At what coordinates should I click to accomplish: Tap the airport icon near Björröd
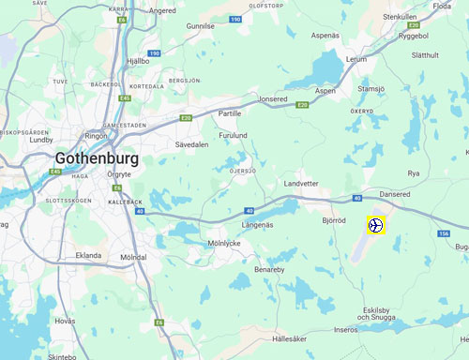(375, 225)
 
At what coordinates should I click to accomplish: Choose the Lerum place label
(357, 58)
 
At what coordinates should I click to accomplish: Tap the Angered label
(162, 10)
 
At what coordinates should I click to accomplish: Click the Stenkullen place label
(400, 17)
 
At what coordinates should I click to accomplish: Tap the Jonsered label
(273, 98)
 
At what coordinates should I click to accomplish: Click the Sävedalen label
(191, 145)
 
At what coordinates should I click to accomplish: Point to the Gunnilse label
(201, 27)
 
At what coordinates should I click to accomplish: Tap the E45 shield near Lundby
(56, 172)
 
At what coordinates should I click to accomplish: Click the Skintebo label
(61, 357)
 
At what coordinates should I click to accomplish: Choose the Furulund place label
(234, 134)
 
